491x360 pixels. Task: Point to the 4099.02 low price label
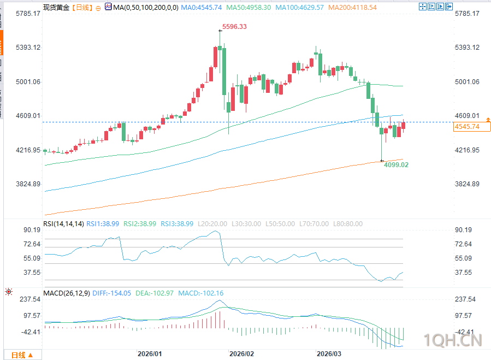(x=396, y=164)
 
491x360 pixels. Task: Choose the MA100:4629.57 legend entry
(x=307, y=8)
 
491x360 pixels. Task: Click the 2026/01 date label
(x=150, y=353)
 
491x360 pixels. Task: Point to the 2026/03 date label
(x=329, y=353)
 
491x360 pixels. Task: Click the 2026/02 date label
(x=241, y=353)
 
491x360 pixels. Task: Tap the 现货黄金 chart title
(x=56, y=8)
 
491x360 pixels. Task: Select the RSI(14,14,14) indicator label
(x=64, y=224)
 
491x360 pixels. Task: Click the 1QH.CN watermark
(x=453, y=340)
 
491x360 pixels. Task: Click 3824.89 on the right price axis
(x=467, y=184)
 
